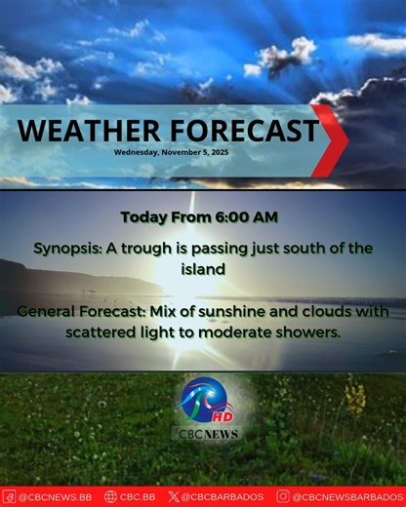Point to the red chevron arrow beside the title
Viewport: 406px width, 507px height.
pyautogui.click(x=332, y=135)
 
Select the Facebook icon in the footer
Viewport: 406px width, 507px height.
pyautogui.click(x=9, y=497)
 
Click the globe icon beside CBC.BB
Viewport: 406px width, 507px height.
pyautogui.click(x=110, y=497)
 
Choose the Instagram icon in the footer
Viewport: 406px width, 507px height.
pyautogui.click(x=283, y=497)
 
